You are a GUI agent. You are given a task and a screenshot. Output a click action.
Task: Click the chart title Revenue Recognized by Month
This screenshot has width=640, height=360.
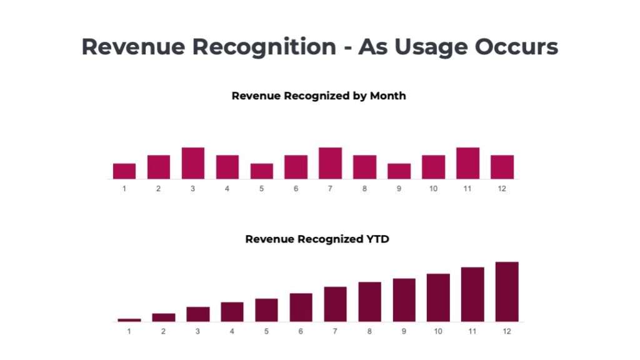319,96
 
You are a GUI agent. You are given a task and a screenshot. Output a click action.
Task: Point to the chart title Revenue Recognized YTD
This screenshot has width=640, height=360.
317,239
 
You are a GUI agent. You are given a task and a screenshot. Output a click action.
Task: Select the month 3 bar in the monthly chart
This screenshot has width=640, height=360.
193,163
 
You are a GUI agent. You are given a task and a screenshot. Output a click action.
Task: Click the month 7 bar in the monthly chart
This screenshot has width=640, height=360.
330,163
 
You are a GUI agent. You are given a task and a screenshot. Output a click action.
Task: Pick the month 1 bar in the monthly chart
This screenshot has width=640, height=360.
124,171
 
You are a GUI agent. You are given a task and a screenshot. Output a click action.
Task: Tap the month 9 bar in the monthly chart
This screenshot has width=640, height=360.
399,171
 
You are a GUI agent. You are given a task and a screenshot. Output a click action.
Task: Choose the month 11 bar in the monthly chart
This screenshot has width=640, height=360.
467,163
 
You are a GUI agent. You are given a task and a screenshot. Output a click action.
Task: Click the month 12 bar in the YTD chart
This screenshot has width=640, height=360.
507,292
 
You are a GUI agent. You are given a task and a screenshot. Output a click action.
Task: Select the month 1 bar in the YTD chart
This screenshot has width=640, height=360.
129,320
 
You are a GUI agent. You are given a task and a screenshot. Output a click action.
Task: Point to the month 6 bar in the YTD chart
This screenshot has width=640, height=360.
301,307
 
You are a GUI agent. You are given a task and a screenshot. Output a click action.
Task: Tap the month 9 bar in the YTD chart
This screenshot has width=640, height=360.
404,300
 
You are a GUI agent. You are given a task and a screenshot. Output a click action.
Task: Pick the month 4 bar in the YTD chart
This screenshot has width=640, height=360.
232,312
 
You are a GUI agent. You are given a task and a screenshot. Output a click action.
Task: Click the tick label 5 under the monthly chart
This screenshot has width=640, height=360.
261,189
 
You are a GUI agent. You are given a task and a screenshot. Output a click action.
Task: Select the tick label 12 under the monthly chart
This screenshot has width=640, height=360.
502,189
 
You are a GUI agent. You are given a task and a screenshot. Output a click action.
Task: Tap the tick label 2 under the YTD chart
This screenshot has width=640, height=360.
163,331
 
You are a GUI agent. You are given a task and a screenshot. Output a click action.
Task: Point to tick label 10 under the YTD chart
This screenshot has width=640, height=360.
437,331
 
